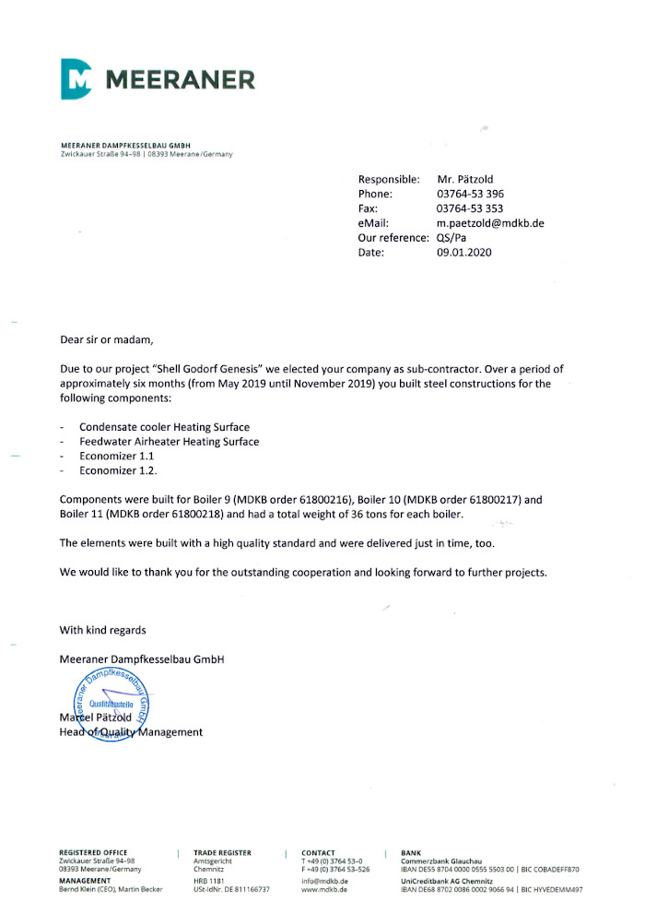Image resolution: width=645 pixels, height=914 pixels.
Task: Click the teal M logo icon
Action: pos(77,78)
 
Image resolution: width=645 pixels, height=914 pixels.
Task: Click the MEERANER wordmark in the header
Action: pos(181,79)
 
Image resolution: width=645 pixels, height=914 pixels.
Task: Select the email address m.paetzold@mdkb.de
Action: pos(490,223)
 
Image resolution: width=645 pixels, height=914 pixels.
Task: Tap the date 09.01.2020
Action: pos(464,253)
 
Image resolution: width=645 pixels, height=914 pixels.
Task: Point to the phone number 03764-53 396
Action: pos(470,194)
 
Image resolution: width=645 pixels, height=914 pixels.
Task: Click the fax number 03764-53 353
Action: pos(470,208)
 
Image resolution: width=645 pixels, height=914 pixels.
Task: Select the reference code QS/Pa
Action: pos(451,238)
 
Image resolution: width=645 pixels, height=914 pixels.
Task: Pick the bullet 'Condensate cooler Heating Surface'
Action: pos(164,427)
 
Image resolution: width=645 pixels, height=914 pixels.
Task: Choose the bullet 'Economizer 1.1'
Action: pos(116,457)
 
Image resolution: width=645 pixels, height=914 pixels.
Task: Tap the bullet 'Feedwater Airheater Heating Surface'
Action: pos(169,442)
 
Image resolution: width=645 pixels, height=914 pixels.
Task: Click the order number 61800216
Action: pos(322,499)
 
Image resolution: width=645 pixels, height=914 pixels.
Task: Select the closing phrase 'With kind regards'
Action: pos(102,630)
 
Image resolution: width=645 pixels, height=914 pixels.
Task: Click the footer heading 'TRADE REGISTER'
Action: pos(222,852)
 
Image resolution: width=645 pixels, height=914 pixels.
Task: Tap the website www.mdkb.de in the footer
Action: pos(324,889)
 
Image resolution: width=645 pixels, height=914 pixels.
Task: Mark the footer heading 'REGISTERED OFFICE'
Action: pos(93,852)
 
